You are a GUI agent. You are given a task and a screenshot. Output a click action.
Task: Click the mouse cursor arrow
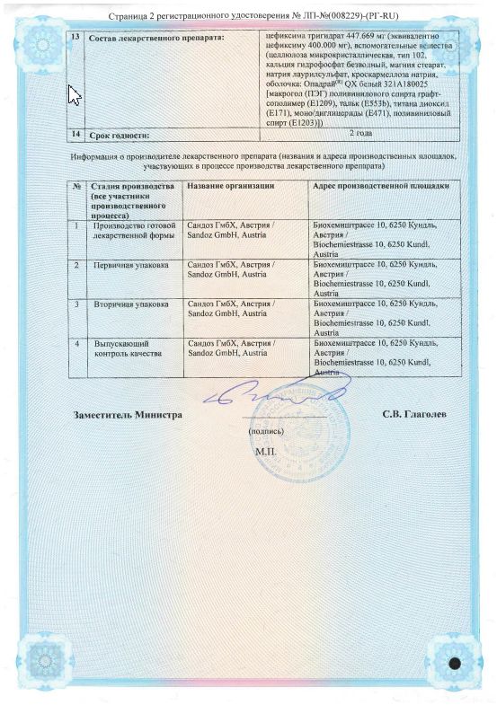(75, 93)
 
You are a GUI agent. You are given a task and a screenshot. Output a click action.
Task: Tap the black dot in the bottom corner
(454, 665)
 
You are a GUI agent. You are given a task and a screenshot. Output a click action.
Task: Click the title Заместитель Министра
(129, 415)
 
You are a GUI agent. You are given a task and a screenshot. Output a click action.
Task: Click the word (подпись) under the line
(265, 431)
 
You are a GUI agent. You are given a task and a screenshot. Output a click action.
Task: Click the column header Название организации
(230, 185)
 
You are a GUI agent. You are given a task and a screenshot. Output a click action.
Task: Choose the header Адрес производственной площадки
(379, 185)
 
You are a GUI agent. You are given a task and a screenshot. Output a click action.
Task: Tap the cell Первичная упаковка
(126, 266)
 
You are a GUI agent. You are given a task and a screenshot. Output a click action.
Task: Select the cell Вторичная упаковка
(126, 304)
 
